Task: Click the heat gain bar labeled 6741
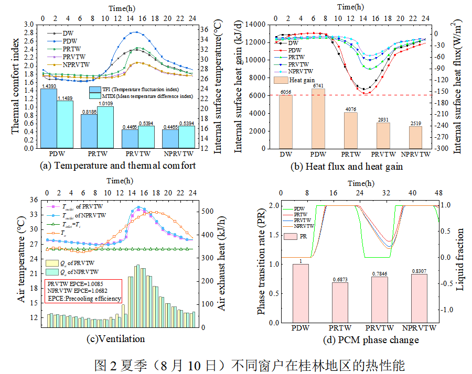[x=318, y=118]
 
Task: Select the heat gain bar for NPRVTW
[x=415, y=137]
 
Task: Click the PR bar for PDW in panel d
[x=301, y=293]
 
